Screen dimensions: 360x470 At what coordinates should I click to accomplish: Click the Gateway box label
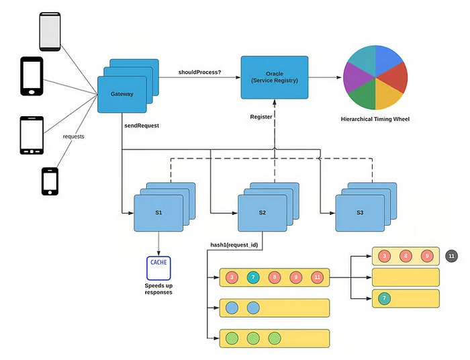click(122, 94)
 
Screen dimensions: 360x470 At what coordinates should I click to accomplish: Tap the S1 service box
click(158, 212)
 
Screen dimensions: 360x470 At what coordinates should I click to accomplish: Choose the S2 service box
click(263, 212)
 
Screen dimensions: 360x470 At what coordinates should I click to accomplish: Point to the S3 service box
click(360, 212)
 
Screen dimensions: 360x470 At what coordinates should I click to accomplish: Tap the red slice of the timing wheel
click(397, 78)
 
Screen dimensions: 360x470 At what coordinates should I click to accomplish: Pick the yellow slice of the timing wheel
click(388, 97)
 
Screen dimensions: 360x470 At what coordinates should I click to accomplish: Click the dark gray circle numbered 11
click(452, 256)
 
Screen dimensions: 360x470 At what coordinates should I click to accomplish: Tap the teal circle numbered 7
click(252, 277)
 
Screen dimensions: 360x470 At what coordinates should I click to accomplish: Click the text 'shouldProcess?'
click(199, 72)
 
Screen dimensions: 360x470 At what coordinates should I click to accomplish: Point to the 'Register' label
click(261, 117)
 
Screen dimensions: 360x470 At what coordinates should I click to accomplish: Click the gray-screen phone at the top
click(50, 32)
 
